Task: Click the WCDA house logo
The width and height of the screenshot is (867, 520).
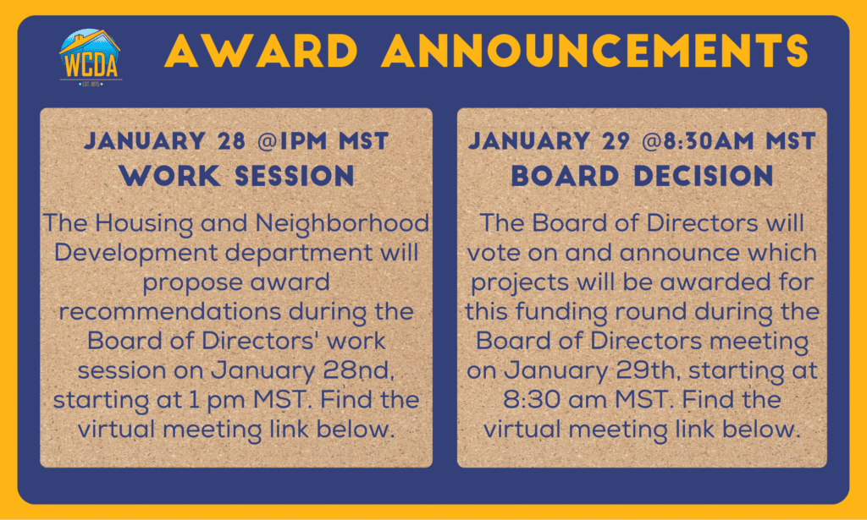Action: pyautogui.click(x=90, y=57)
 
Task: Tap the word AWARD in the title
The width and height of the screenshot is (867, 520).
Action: pyautogui.click(x=261, y=51)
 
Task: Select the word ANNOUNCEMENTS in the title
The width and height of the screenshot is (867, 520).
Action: pyautogui.click(x=595, y=51)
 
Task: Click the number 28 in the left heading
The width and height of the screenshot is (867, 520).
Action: pyautogui.click(x=231, y=140)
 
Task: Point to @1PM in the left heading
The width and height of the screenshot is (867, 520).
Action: pyautogui.click(x=292, y=140)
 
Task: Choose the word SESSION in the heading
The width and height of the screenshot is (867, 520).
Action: pyautogui.click(x=294, y=176)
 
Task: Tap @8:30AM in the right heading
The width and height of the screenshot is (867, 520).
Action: pyautogui.click(x=699, y=140)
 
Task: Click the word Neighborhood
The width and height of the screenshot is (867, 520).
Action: pyautogui.click(x=342, y=223)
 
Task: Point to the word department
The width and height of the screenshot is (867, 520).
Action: pyautogui.click(x=299, y=254)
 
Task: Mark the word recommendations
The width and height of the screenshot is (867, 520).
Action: pyautogui.click(x=170, y=312)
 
